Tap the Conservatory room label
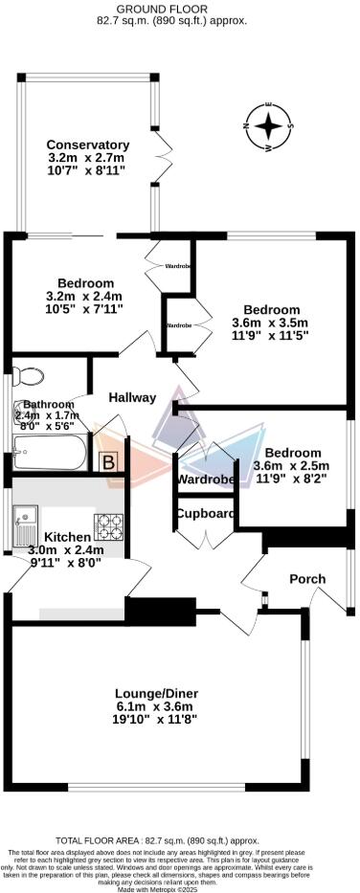[86, 145]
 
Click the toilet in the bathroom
[29, 374]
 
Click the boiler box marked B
[110, 461]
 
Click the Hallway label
[132, 397]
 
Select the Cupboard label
[206, 514]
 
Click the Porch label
[308, 579]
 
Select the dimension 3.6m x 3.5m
[271, 324]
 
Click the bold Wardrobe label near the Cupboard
[207, 479]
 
